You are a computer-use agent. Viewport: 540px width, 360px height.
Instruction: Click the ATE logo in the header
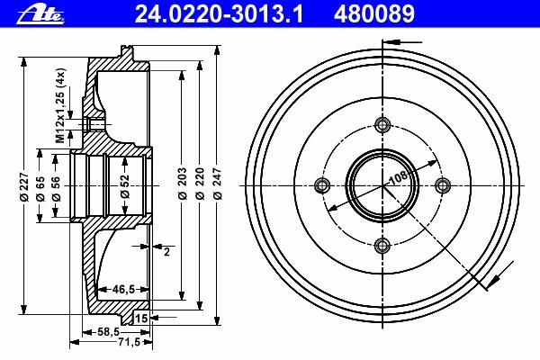tap(40, 15)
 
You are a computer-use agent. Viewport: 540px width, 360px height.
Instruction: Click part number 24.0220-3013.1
tap(219, 14)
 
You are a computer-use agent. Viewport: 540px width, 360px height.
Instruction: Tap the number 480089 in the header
tap(374, 14)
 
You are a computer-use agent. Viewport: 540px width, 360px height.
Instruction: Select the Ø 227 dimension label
tap(24, 186)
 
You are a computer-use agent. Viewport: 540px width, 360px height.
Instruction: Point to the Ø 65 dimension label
tap(40, 188)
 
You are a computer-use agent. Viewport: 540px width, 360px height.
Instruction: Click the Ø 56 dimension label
tap(56, 188)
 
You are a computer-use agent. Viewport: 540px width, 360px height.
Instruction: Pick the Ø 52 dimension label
tap(125, 186)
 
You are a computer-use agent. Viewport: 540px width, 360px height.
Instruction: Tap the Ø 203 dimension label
tap(182, 184)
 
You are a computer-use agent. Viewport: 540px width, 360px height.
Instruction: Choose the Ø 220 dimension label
tap(200, 184)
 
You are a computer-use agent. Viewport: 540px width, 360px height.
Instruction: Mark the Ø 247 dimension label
tap(218, 184)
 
